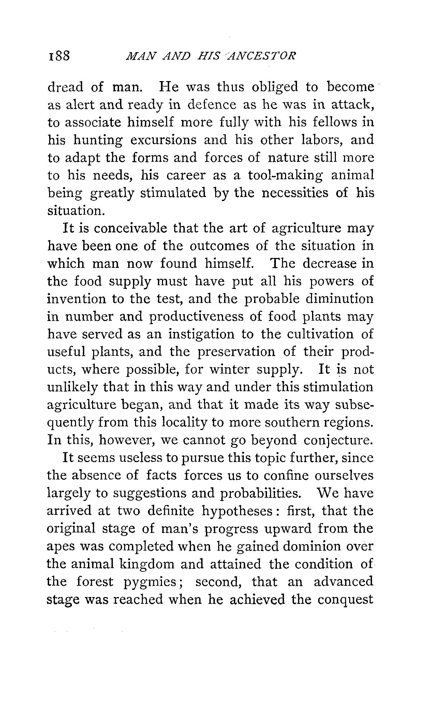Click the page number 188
tap(58, 55)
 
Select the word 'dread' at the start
tap(65, 87)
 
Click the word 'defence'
tap(212, 105)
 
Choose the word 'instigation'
tap(201, 334)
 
